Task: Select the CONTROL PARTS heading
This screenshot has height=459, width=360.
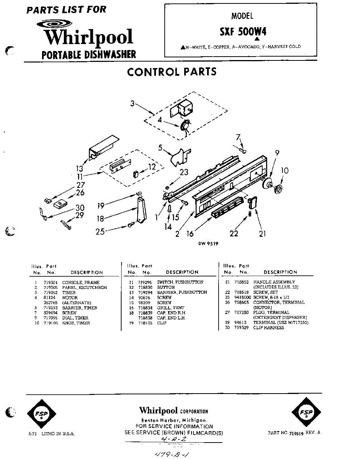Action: pyautogui.click(x=172, y=72)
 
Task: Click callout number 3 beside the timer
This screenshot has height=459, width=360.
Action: pyautogui.click(x=132, y=103)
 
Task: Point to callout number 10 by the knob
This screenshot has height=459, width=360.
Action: pyautogui.click(x=285, y=171)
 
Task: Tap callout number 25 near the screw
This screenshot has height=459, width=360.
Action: pyautogui.click(x=100, y=231)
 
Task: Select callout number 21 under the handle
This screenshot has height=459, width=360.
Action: pyautogui.click(x=262, y=234)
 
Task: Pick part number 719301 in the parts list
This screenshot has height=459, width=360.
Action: pyautogui.click(x=50, y=282)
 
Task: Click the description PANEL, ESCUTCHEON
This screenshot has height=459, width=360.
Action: pyautogui.click(x=84, y=287)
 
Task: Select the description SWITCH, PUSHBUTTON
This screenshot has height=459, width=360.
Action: pyautogui.click(x=180, y=282)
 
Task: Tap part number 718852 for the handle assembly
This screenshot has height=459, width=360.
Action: pyautogui.click(x=242, y=282)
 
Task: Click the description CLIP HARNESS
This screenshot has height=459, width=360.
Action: pyautogui.click(x=269, y=328)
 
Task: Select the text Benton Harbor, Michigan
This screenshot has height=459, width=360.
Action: pyautogui.click(x=174, y=420)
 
